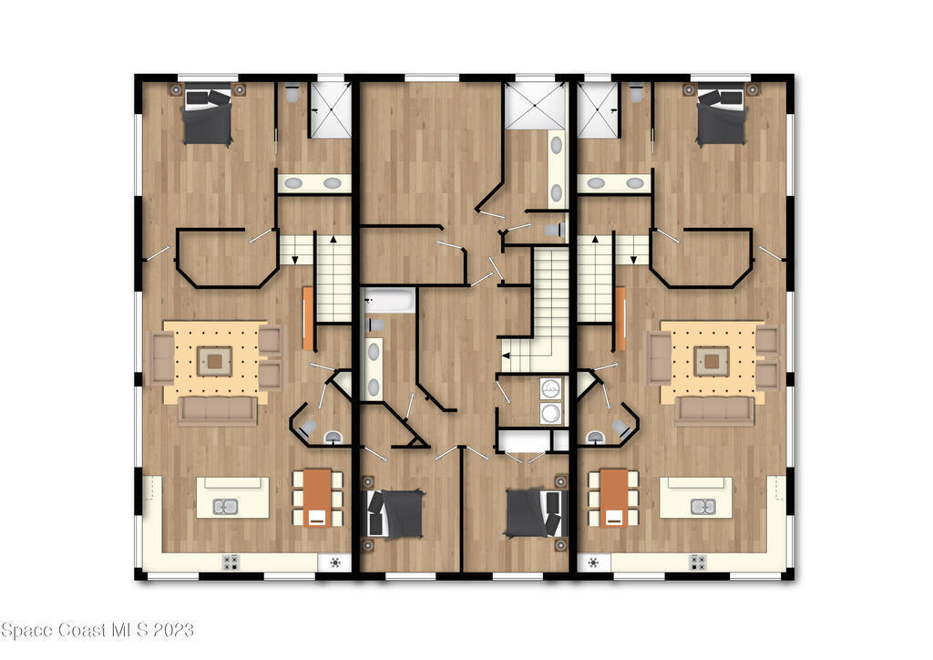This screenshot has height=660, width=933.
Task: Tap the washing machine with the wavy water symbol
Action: coord(551,388)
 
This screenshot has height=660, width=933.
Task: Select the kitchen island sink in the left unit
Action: coord(226,507)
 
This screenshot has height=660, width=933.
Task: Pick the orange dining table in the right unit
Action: coord(613,498)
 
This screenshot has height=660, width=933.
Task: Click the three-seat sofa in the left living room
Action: coord(218,411)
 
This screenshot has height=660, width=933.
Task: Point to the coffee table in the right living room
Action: coord(712,361)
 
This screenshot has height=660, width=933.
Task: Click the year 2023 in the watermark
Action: coord(173,630)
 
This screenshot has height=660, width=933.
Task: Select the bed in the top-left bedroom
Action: coord(207,117)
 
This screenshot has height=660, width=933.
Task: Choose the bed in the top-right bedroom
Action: coord(722,117)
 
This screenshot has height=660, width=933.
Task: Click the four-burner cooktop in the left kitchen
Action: coord(231,562)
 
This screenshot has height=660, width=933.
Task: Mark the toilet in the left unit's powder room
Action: coord(307,428)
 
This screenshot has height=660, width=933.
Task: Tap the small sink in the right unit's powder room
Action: coord(595,438)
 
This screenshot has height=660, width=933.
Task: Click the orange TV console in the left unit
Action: coord(308,319)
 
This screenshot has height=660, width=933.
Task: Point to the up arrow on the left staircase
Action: coord(333,240)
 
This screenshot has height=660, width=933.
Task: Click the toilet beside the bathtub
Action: coord(374,325)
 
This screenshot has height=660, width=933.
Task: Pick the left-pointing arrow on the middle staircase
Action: coord(506,356)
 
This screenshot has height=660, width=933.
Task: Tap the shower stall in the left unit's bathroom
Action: coord(329,110)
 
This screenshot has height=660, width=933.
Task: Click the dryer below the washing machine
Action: coord(551,413)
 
